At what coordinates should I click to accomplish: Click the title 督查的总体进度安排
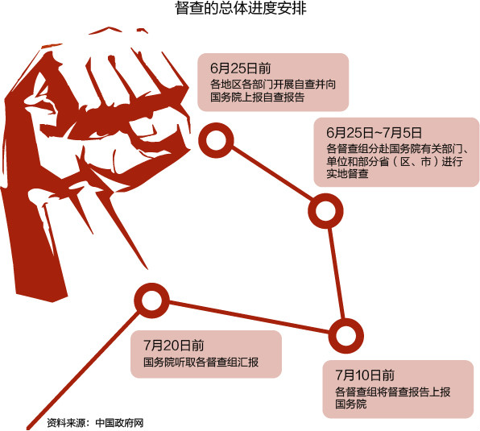[x=241, y=8]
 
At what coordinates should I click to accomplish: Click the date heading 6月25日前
[x=241, y=68]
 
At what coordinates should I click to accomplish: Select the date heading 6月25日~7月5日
[x=374, y=133]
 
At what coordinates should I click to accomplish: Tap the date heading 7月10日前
[x=365, y=375]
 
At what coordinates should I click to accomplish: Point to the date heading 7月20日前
[x=174, y=346]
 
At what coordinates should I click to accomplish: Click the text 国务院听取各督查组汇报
[x=201, y=363]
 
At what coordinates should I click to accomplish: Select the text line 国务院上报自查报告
[x=258, y=97]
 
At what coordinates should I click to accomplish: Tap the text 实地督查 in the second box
[x=347, y=173]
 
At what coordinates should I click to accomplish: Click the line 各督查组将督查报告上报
[x=393, y=392]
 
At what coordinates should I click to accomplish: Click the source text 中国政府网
[x=119, y=423]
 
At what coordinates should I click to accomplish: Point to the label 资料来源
[x=66, y=423]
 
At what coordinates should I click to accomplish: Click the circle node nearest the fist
[x=216, y=140]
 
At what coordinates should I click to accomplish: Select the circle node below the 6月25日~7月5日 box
[x=325, y=210]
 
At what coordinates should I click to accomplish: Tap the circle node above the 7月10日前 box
[x=346, y=335]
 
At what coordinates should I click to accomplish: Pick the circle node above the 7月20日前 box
[x=151, y=300]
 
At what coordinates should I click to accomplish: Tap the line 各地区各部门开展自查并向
[x=273, y=84]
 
